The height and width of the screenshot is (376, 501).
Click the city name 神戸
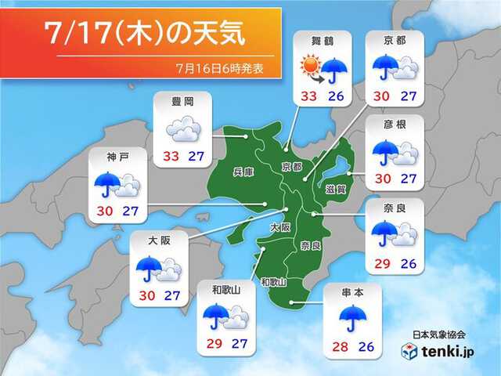[118, 157]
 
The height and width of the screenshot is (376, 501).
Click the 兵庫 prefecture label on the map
[243, 171]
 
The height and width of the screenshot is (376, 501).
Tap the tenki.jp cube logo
[409, 352]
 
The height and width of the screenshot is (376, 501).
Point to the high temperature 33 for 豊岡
[170, 157]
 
